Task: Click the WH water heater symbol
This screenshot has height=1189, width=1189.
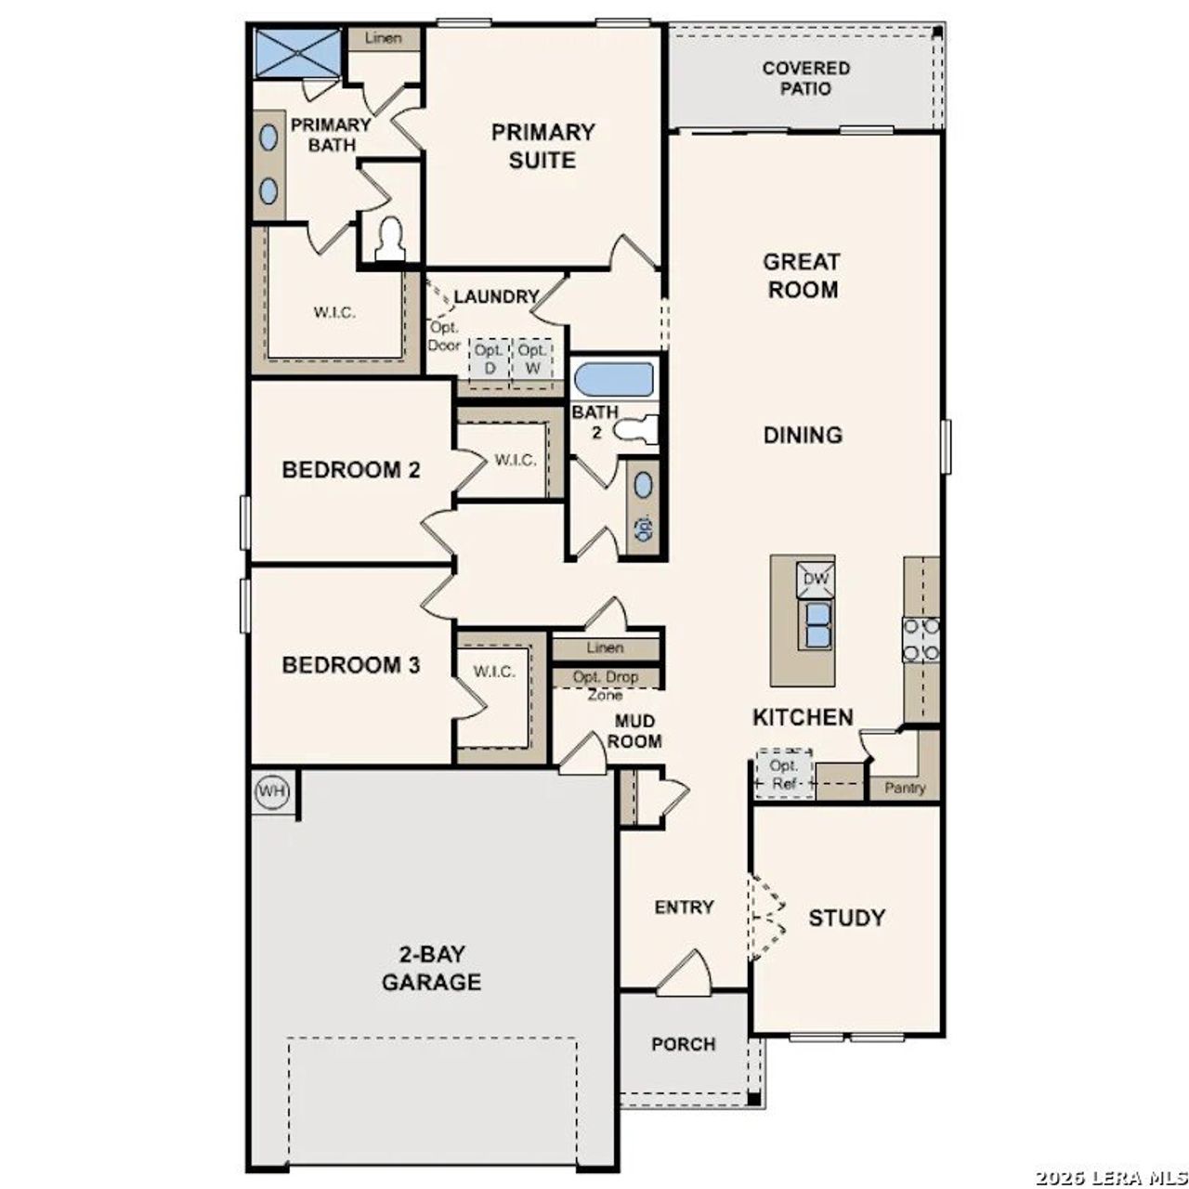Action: tap(272, 792)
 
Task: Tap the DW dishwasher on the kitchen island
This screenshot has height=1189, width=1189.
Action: tap(815, 580)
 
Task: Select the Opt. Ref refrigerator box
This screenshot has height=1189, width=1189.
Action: tap(783, 773)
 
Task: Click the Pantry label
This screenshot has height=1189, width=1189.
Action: tap(905, 788)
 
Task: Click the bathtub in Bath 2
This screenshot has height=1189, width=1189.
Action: tap(613, 379)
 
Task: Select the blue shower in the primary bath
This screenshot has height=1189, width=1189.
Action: tap(297, 52)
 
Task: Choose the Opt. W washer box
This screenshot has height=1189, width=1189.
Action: tap(532, 359)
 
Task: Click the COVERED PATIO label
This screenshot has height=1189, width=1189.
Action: tap(805, 78)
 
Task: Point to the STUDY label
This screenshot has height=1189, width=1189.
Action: tap(846, 918)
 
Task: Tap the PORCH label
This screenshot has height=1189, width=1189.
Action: tap(683, 1044)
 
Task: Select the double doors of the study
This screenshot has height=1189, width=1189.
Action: tap(767, 918)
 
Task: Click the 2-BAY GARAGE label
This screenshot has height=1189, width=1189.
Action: tap(431, 968)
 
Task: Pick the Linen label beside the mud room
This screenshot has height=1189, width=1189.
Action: tap(605, 647)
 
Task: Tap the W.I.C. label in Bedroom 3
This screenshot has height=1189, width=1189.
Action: tap(494, 671)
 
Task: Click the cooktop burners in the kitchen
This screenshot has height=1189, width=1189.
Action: tap(921, 639)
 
